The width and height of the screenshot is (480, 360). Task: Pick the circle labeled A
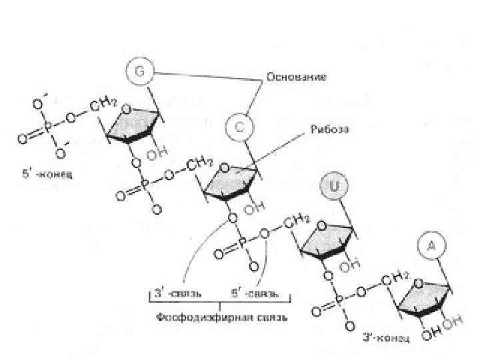(x=431, y=247)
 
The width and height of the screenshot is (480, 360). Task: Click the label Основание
(x=296, y=77)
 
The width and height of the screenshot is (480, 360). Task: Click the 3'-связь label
(x=177, y=293)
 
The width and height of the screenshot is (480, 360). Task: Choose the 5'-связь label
(x=254, y=293)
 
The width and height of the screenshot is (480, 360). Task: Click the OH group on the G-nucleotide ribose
(x=155, y=154)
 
